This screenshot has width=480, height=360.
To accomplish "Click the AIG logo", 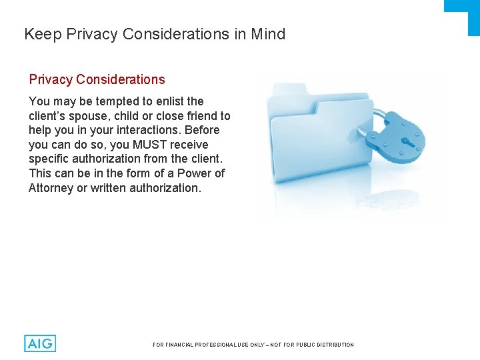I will tap(40, 343).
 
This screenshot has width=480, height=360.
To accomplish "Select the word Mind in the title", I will tap(268, 34).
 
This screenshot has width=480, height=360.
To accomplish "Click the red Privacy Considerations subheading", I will tap(97, 79).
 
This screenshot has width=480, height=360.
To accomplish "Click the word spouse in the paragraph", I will tap(85, 116).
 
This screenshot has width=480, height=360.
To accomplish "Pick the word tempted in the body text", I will tap(107, 101).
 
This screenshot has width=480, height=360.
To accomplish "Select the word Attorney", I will tap(51, 188).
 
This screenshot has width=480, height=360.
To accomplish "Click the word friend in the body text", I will tap(199, 116).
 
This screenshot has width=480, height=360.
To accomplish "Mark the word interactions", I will tap(147, 130).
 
